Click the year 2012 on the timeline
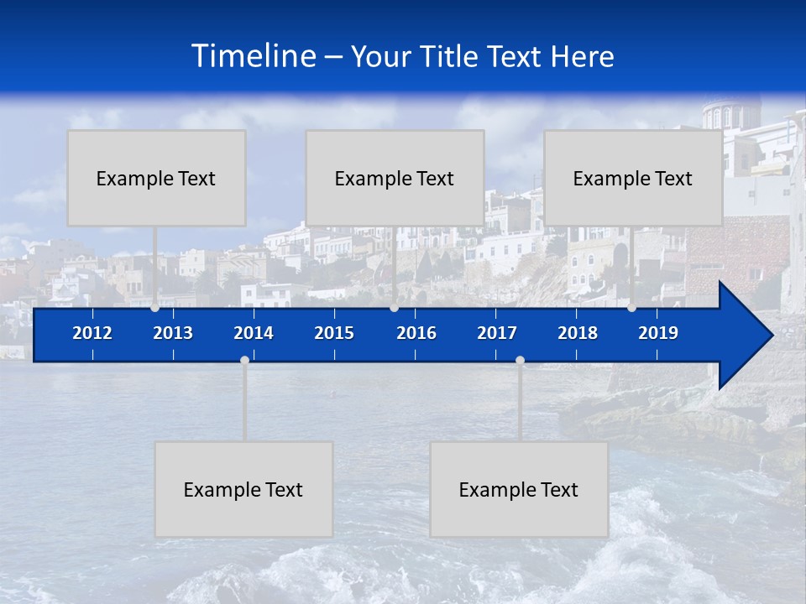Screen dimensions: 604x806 coord(92,333)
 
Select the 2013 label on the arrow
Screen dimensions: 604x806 coord(173,333)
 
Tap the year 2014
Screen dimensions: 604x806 coord(254,333)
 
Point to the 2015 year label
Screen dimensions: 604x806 coord(334,333)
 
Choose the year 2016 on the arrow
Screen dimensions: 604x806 coord(416,333)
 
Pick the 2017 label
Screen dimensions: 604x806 coord(497,333)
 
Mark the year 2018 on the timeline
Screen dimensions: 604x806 coord(578,333)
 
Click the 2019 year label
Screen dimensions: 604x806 coord(658,333)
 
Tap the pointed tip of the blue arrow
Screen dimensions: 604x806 coord(770,336)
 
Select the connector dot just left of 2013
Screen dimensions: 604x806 coord(154,308)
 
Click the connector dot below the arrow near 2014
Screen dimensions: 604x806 coord(244,360)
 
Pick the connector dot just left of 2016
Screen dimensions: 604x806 coord(394,308)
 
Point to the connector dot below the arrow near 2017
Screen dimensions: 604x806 coord(520,360)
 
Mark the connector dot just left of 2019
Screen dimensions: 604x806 coord(631,308)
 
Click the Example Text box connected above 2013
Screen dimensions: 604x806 coord(156,178)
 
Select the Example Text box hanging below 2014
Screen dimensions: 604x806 coord(243,489)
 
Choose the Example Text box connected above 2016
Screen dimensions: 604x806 coord(395,178)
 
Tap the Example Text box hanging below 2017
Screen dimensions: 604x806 coord(519,489)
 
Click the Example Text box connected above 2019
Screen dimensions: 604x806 coord(633,178)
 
